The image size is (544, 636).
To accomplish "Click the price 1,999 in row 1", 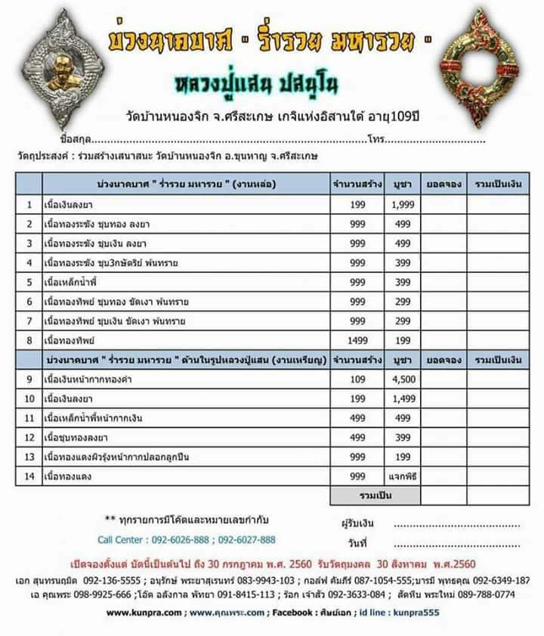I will pyautogui.click(x=402, y=204).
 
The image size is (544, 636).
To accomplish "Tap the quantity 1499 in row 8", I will pyautogui.click(x=357, y=340).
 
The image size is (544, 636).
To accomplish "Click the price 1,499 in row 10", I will pyautogui.click(x=402, y=399).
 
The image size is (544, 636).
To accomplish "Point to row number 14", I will pyautogui.click(x=29, y=476).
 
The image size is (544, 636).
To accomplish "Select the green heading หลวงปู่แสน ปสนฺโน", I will pyautogui.click(x=272, y=82).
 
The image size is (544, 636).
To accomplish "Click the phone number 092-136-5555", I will pyautogui.click(x=99, y=581).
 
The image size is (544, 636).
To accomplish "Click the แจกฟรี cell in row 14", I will pyautogui.click(x=402, y=476).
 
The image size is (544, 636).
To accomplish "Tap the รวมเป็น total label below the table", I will pyautogui.click(x=375, y=495).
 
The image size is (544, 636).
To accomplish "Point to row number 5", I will pyautogui.click(x=29, y=282).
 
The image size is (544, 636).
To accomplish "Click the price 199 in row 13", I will pyautogui.click(x=402, y=458).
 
